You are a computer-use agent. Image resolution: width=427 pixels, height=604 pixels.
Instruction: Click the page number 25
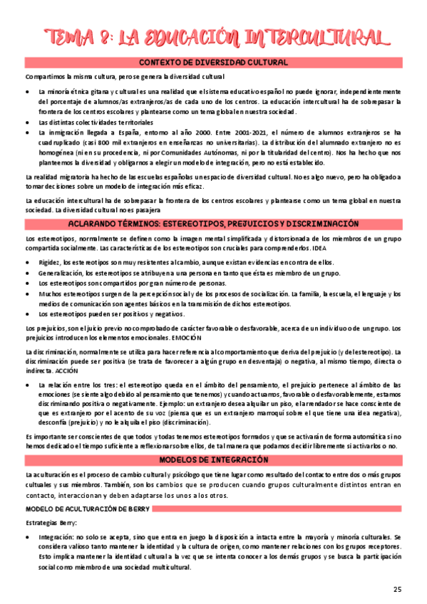tap(397, 589)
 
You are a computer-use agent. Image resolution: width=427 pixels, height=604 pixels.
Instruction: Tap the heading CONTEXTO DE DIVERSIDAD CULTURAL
tap(212, 63)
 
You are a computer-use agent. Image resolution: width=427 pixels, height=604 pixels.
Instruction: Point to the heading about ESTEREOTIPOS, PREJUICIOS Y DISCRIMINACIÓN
tap(212, 224)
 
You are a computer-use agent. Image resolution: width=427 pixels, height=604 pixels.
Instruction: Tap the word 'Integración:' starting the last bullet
tap(60, 518)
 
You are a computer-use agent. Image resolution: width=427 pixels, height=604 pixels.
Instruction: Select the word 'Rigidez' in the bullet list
tap(50, 263)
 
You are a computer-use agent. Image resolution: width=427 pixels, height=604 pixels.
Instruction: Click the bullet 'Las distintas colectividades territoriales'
tap(96, 123)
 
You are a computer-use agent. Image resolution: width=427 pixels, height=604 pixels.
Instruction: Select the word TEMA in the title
tap(68, 37)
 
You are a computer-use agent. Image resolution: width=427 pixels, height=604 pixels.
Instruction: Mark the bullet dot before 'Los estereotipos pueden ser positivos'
tap(27, 314)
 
